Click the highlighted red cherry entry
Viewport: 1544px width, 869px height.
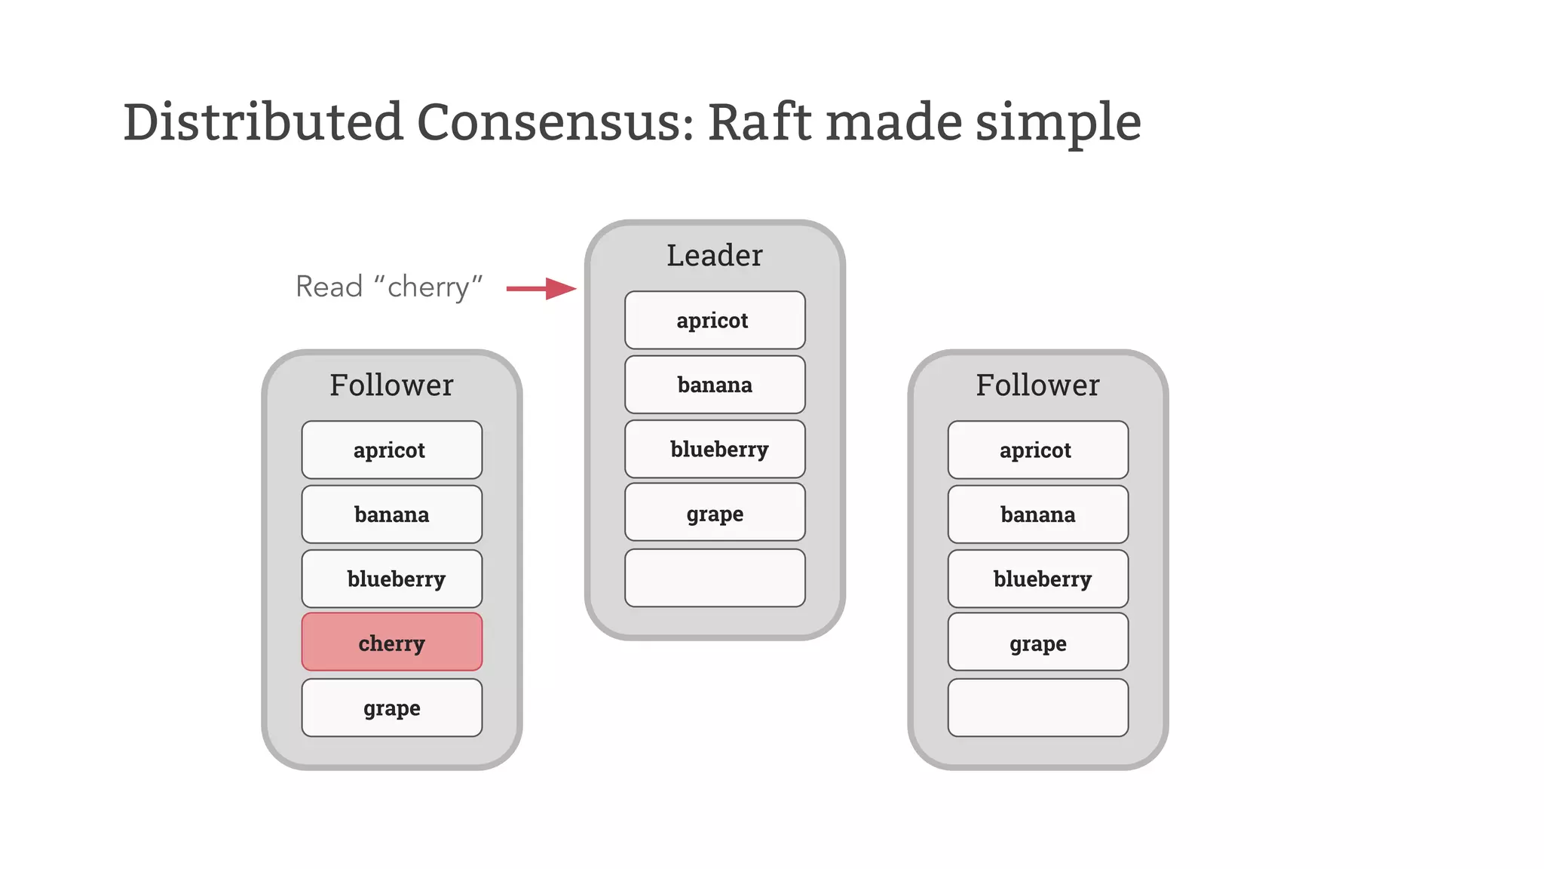391,642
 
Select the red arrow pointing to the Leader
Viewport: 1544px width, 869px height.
541,288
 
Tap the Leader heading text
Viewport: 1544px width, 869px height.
714,256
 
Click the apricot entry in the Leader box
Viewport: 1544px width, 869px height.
714,321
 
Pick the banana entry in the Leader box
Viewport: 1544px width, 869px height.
714,385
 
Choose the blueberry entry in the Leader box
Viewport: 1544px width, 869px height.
714,450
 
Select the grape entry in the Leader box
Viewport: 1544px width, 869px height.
714,513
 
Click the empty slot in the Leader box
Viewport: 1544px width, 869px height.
714,578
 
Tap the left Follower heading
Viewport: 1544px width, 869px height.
391,385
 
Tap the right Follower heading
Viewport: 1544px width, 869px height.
1037,385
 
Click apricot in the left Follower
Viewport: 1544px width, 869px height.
391,450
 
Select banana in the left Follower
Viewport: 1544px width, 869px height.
391,514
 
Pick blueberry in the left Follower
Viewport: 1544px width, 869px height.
391,579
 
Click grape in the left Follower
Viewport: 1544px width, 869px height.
391,708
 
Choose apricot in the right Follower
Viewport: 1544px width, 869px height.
1037,450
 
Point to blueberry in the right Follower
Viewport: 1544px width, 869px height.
1037,579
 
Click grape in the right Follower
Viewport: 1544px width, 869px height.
1037,643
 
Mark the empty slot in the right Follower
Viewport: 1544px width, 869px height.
1037,708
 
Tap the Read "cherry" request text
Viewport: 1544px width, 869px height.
388,287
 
